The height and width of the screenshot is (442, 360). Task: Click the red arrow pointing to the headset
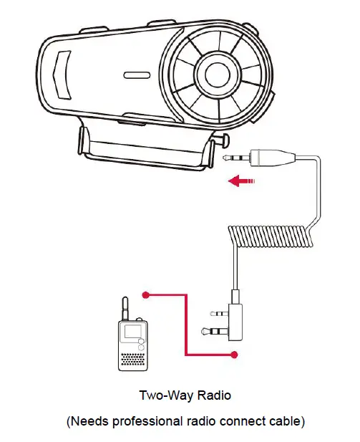pos(240,181)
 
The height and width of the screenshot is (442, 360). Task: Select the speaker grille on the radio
pos(132,357)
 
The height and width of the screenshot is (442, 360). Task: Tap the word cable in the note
pos(285,421)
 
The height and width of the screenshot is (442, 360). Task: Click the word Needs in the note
pos(89,421)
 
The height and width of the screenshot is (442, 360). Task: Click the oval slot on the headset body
pos(136,74)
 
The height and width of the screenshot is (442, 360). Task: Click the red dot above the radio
pos(145,294)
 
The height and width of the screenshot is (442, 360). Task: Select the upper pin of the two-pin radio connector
pos(216,313)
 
